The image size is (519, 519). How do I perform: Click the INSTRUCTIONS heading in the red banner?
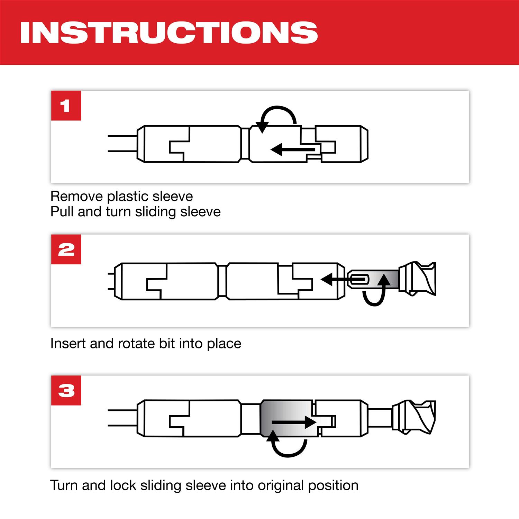[x=169, y=33]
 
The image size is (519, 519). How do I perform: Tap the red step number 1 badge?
[x=66, y=106]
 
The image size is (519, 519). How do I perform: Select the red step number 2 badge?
[x=66, y=249]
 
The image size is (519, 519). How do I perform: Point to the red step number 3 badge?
[x=66, y=391]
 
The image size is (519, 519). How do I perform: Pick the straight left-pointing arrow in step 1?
[x=293, y=149]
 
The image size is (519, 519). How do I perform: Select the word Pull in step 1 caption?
[x=62, y=211]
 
